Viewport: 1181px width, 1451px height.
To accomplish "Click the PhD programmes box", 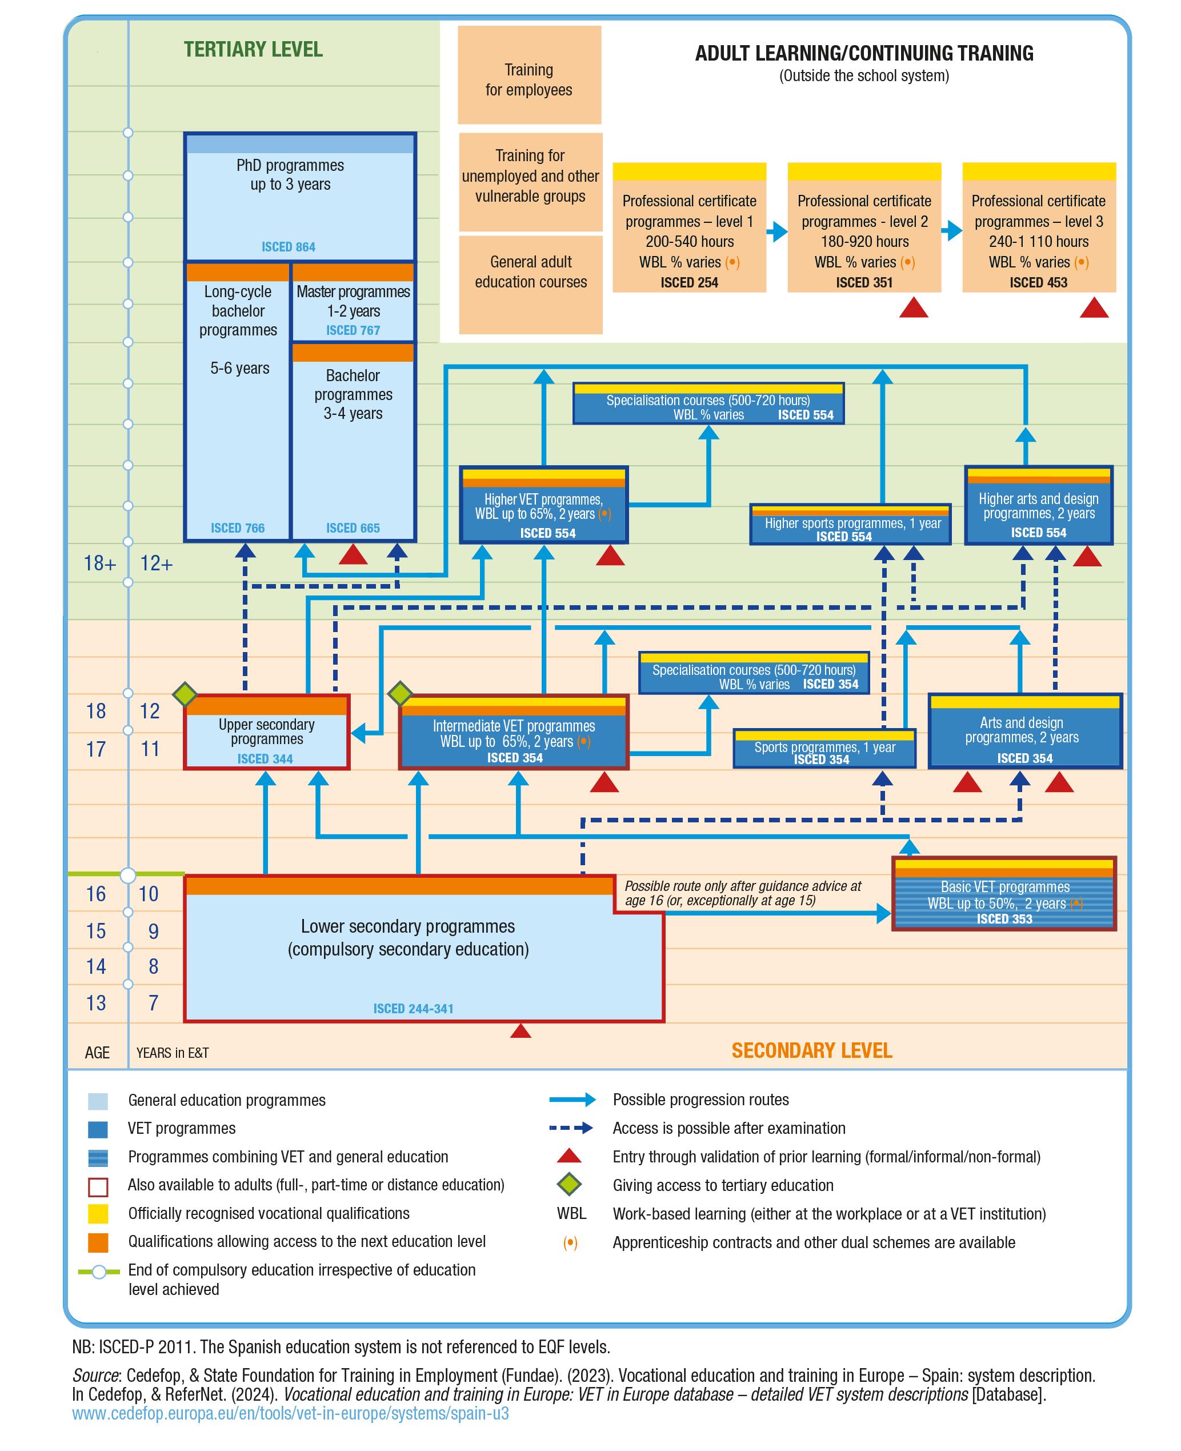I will coord(299,197).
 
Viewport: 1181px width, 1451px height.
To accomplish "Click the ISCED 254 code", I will coord(688,282).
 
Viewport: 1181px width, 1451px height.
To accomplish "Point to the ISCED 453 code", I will coord(1038,282).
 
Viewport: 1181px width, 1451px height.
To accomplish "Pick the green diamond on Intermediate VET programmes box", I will coord(400,693).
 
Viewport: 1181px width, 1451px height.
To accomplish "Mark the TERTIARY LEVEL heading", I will coord(253,50).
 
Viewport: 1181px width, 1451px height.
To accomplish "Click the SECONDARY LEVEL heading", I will coord(811,1050).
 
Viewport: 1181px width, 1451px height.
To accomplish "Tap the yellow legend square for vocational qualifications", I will coord(98,1214).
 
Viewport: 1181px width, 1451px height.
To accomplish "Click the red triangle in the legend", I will coord(569,1156).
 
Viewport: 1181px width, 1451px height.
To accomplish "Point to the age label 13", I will coord(96,1003).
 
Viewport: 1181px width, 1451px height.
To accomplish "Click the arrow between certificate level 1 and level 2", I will coord(776,232).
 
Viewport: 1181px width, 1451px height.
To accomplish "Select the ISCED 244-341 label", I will coord(413,1009).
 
